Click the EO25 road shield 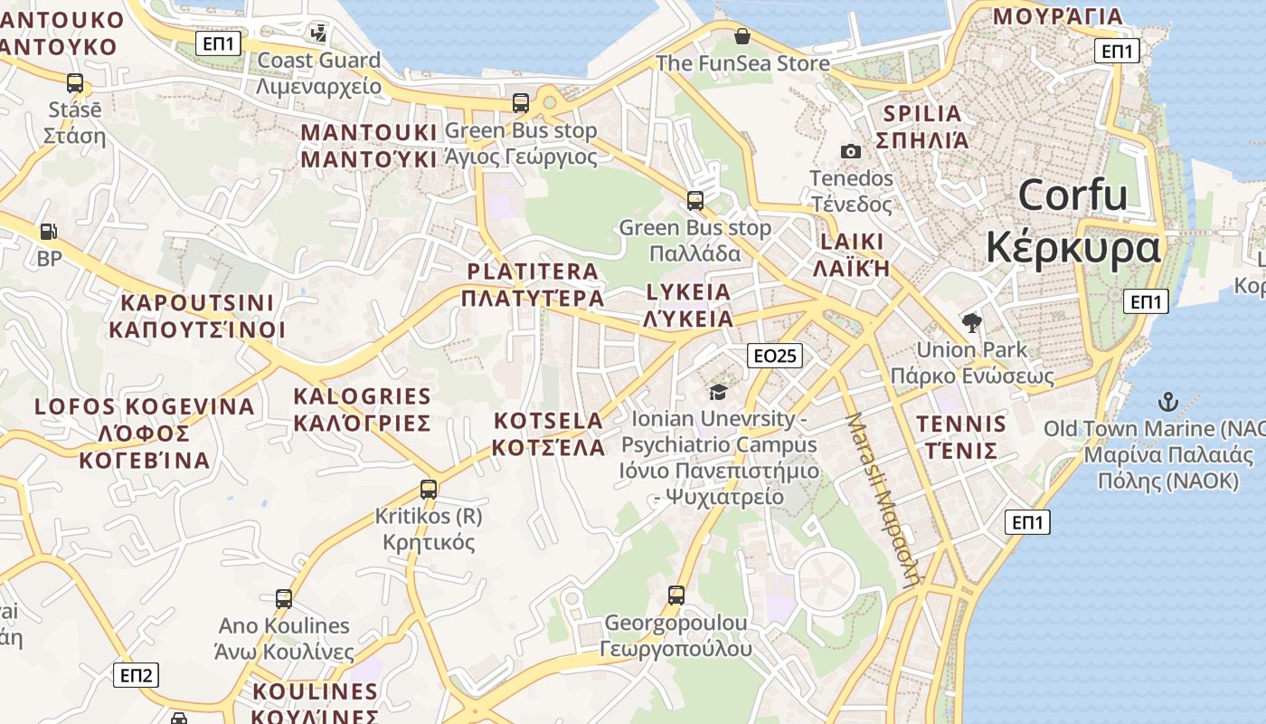pos(775,356)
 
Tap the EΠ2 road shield pos(136,674)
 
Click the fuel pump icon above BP pos(49,232)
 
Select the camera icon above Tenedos pos(850,151)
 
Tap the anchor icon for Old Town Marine pos(1167,401)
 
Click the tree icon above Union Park pos(972,322)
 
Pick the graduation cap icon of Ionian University pos(718,392)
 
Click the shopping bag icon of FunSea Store pos(742,36)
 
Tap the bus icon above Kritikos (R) pos(429,490)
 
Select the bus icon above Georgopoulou pos(676,595)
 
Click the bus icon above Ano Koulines pos(283,598)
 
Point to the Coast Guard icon pos(318,33)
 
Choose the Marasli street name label pos(883,499)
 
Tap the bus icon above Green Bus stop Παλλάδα pos(694,200)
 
